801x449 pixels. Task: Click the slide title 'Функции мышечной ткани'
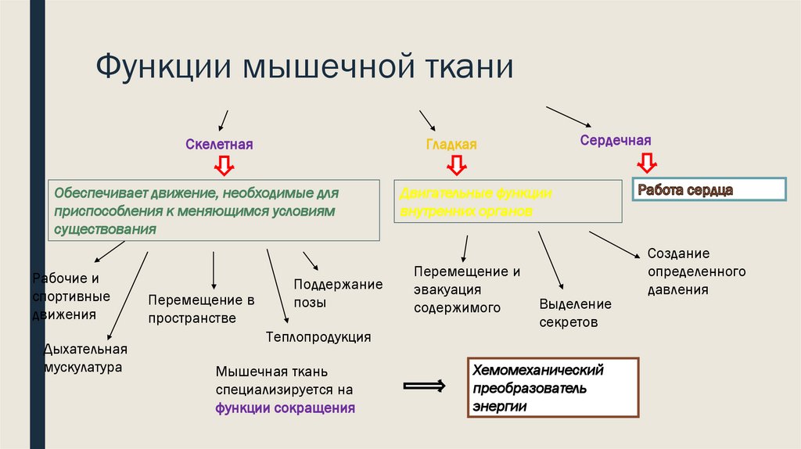[305, 67]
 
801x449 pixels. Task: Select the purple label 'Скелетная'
[220, 145]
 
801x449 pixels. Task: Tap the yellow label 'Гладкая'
[451, 145]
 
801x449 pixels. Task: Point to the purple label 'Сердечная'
[616, 140]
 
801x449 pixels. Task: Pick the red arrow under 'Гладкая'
[456, 165]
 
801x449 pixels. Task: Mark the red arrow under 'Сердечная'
[647, 162]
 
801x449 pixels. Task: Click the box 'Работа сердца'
[708, 190]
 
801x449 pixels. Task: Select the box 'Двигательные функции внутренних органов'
[508, 202]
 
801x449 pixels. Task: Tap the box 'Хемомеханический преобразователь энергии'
[553, 388]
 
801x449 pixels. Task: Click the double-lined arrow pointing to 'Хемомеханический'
[424, 386]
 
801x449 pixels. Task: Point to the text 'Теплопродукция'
[318, 337]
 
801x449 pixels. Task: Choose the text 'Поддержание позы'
[338, 293]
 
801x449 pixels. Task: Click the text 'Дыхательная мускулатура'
[84, 357]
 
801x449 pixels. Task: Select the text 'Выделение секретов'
[576, 313]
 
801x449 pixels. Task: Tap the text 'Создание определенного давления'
[696, 271]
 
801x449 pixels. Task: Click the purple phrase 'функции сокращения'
[286, 408]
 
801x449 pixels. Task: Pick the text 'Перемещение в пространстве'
[203, 309]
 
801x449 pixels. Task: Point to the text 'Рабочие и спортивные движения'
[71, 296]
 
